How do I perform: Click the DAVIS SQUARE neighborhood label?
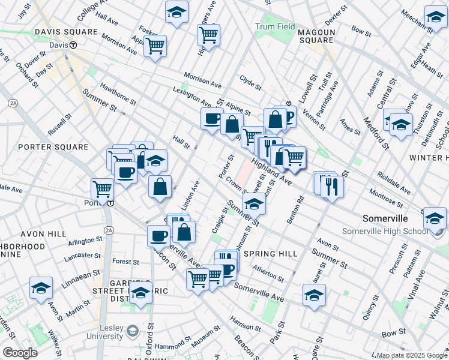point(49,31)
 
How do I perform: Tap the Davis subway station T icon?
point(73,44)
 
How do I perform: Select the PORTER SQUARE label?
point(44,147)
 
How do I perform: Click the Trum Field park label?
point(275,26)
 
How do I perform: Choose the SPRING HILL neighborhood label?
point(271,254)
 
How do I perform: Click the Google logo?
point(20,353)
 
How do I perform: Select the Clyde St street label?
point(250,83)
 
